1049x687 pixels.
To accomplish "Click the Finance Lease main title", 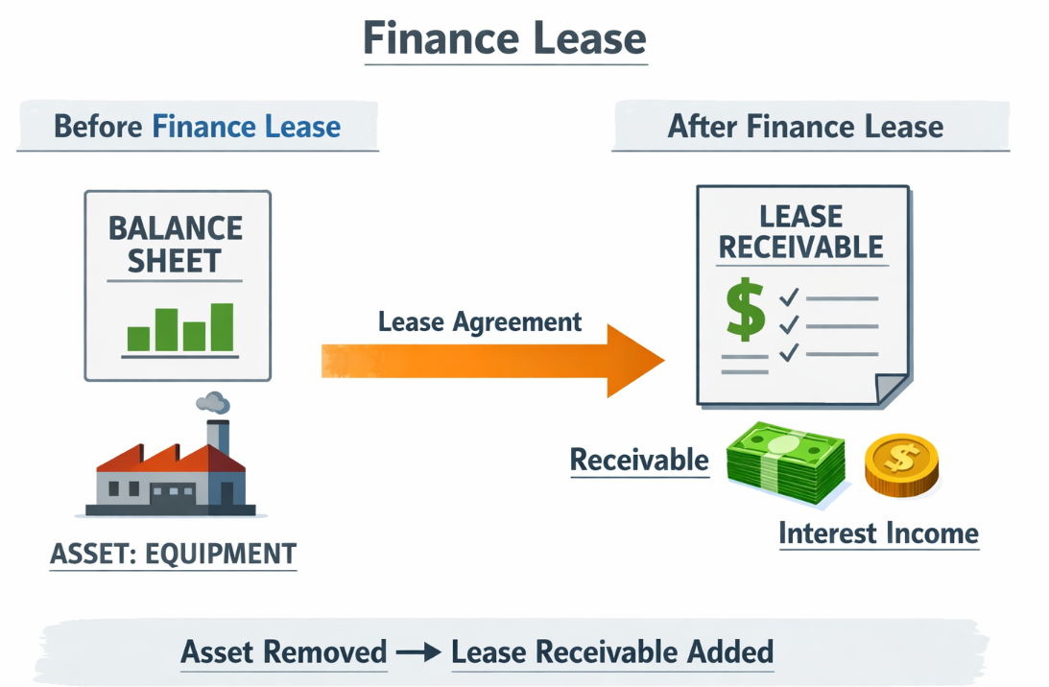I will pos(505,39).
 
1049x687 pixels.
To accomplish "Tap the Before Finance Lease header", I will pos(197,127).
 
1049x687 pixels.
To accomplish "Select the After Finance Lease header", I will pos(805,127).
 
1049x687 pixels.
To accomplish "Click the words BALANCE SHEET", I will pos(176,245).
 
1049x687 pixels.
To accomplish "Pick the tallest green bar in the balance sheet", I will pos(222,327).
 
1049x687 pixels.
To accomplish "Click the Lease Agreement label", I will pos(480,321).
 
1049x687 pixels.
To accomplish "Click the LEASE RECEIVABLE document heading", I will pos(800,231).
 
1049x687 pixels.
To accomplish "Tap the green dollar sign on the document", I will pos(745,309).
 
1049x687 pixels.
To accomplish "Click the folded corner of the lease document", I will pos(892,388).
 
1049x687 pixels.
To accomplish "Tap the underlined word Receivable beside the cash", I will pos(639,461).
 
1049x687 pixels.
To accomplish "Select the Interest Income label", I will pos(878,533).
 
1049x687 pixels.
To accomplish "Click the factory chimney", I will pos(218,437).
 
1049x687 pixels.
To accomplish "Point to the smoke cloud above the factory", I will pos(212,403).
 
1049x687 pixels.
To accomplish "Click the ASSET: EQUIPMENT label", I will pos(173,554).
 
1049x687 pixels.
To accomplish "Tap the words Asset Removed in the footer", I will pos(283,652).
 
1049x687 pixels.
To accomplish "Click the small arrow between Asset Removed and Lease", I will pos(418,653).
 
